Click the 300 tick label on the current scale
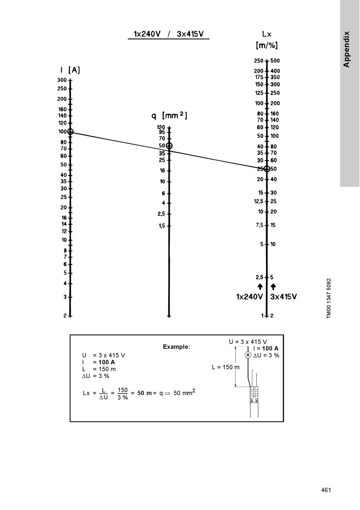(62, 80)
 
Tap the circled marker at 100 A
(70, 132)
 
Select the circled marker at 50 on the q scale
(169, 146)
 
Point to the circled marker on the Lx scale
(267, 169)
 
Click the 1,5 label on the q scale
(162, 226)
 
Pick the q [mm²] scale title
(169, 115)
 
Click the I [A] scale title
(70, 70)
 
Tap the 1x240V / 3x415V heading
(169, 34)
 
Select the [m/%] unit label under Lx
(267, 46)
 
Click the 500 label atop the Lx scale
(275, 61)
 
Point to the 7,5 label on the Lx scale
(259, 225)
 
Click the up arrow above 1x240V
(260, 286)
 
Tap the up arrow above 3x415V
(273, 286)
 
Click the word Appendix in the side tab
(346, 49)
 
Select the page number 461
(326, 490)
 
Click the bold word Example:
(177, 347)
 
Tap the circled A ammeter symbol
(248, 355)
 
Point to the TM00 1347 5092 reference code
(329, 299)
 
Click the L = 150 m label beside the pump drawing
(225, 367)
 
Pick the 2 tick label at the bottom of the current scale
(65, 315)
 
